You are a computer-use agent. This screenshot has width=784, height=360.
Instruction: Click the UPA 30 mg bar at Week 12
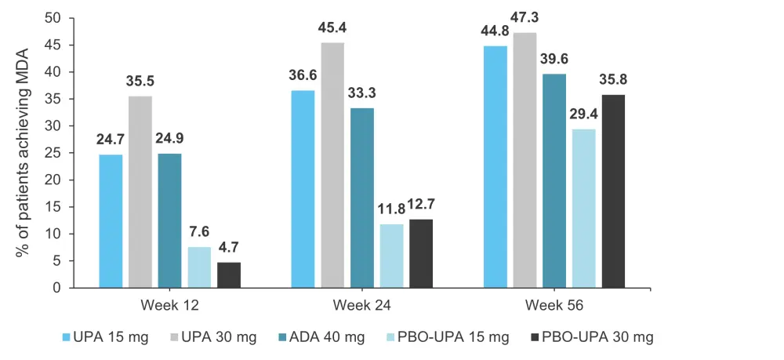(140, 192)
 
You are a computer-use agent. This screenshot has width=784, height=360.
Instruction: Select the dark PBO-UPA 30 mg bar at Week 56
(612, 191)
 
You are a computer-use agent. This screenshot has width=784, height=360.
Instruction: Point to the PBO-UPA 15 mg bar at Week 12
(199, 267)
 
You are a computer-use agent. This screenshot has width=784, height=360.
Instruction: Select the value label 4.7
(229, 248)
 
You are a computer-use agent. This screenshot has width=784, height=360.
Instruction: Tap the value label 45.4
(332, 27)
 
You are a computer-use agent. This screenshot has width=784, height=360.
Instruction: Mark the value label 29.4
(583, 115)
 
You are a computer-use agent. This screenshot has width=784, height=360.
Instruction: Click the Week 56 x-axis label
(554, 304)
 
